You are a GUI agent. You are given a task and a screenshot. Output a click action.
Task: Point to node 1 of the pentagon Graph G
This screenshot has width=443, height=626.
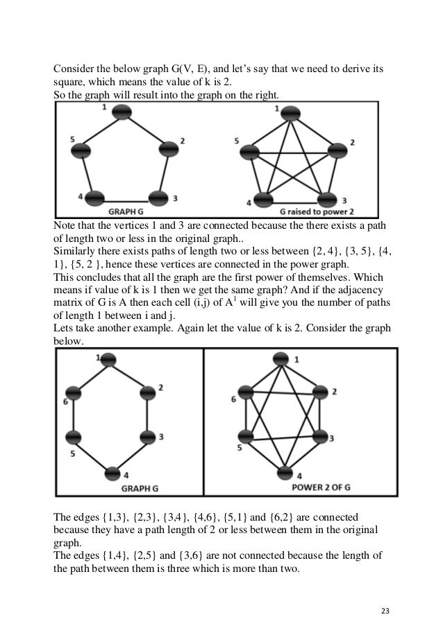122,113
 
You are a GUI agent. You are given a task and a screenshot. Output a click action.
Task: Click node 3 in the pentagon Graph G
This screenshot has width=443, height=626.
159,197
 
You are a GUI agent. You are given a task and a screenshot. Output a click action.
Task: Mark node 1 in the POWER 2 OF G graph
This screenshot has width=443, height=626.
281,359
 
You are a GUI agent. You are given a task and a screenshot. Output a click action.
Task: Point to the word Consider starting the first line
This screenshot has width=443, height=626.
75,70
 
